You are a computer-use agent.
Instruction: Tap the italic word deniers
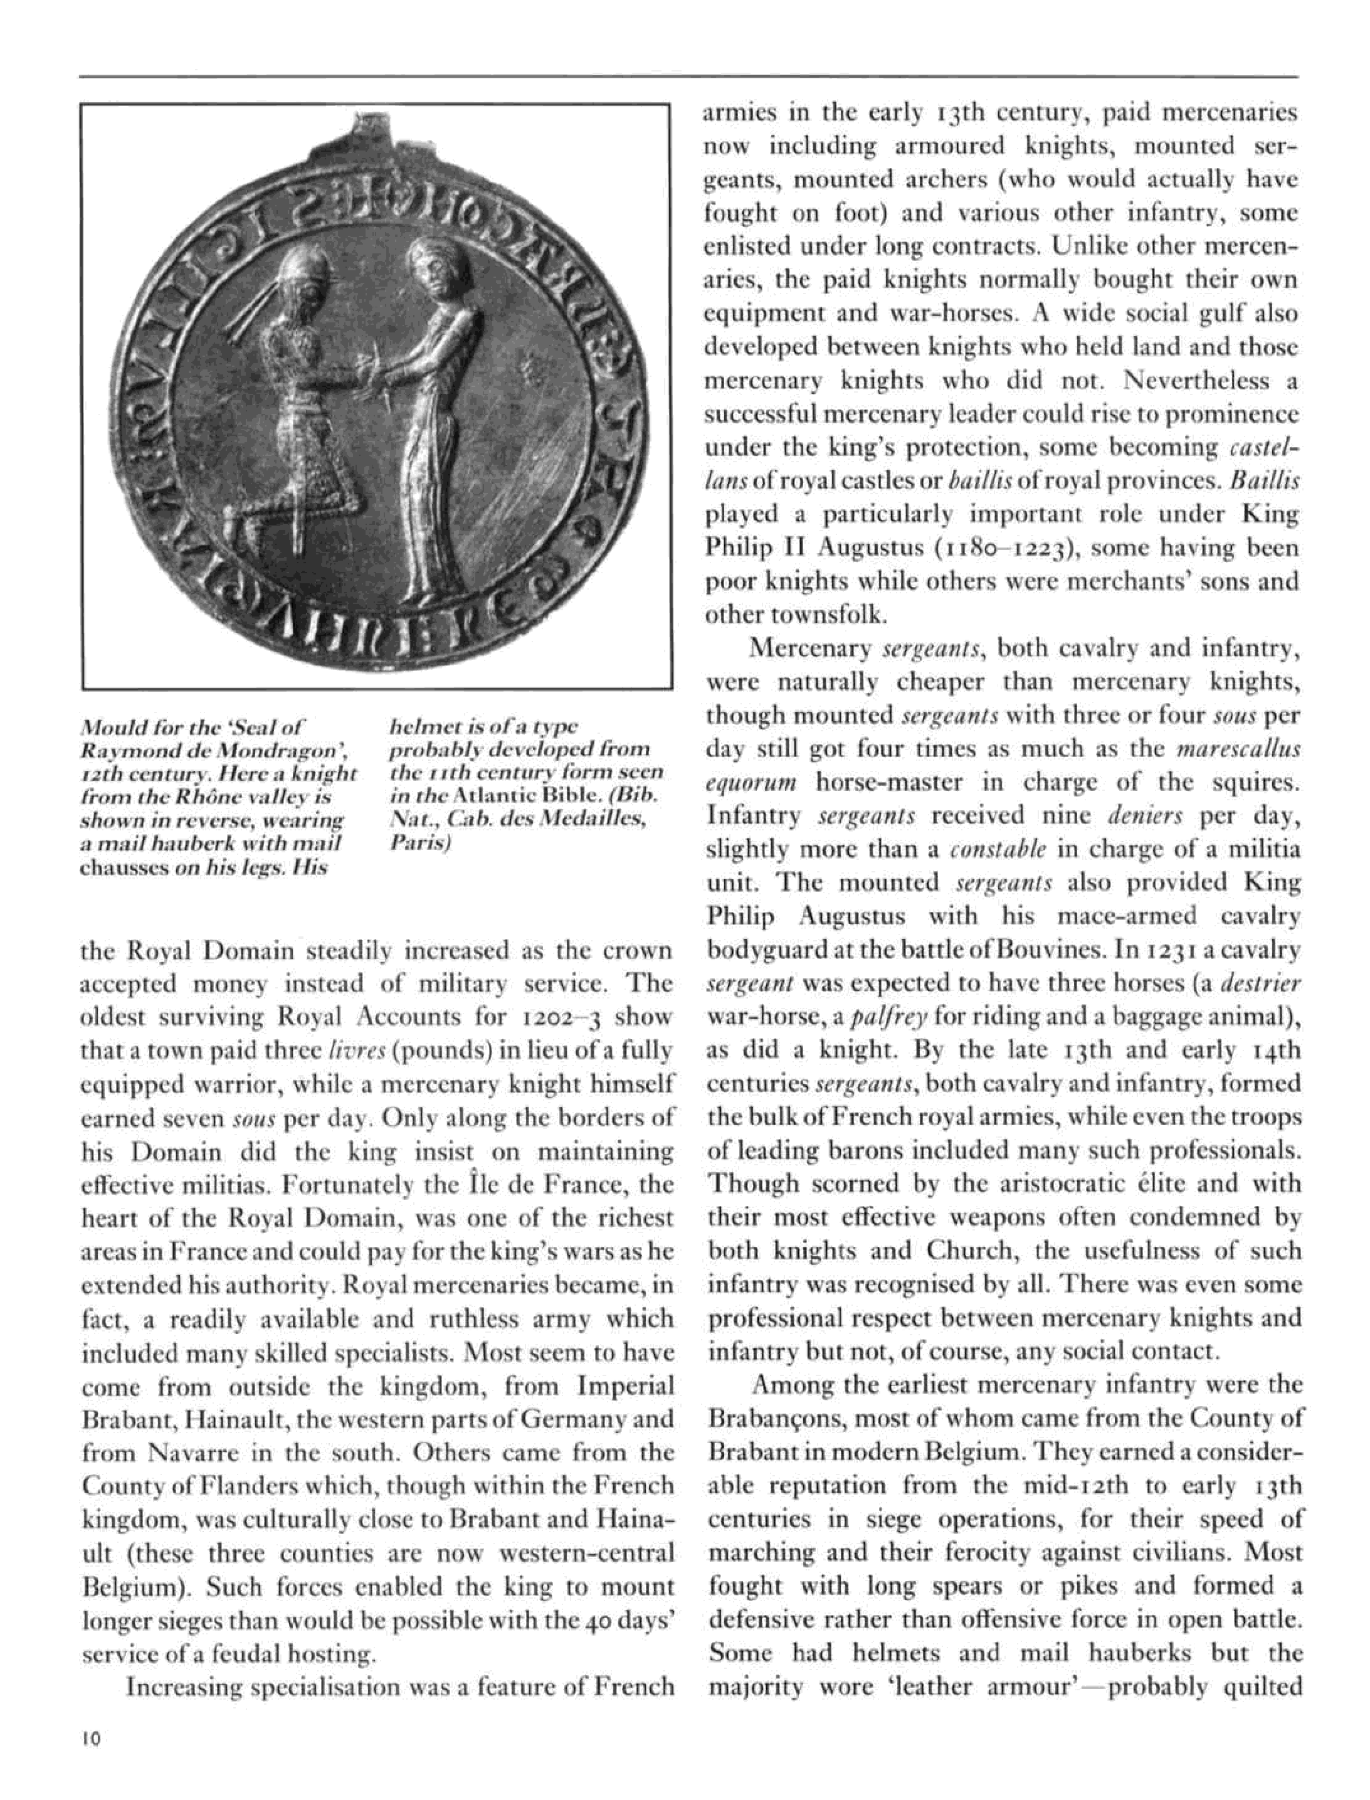click(1147, 817)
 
